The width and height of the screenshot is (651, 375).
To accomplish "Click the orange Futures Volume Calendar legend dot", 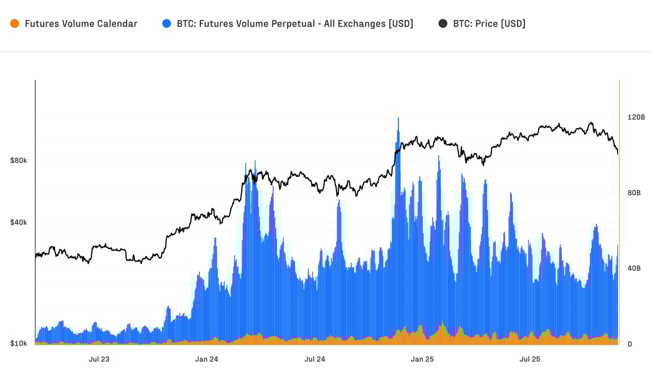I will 15,24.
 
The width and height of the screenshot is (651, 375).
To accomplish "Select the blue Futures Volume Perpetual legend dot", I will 166,24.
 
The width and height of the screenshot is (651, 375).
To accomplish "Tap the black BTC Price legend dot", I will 443,24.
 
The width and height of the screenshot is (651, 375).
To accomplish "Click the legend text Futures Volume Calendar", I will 81,24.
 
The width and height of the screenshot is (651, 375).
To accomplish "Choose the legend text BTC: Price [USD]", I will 489,24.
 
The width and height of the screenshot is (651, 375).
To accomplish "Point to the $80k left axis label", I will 18,161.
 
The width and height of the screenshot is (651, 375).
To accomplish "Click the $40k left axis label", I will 18,222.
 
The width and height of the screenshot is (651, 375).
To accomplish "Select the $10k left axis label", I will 18,344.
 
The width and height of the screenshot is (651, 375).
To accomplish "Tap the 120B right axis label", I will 636,117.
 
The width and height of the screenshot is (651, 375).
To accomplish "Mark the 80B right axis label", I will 633,193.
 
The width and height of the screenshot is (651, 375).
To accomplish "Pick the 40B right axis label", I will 633,268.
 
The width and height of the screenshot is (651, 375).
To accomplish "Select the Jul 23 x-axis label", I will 99,359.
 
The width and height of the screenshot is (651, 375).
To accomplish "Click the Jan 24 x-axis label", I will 207,359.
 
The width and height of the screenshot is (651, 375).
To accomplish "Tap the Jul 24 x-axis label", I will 314,359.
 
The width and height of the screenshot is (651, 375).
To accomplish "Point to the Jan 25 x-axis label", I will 422,359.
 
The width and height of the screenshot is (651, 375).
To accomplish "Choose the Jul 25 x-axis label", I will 530,359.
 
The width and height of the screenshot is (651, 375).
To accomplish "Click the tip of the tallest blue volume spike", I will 398,118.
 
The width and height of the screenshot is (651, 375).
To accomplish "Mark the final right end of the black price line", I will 618,154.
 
